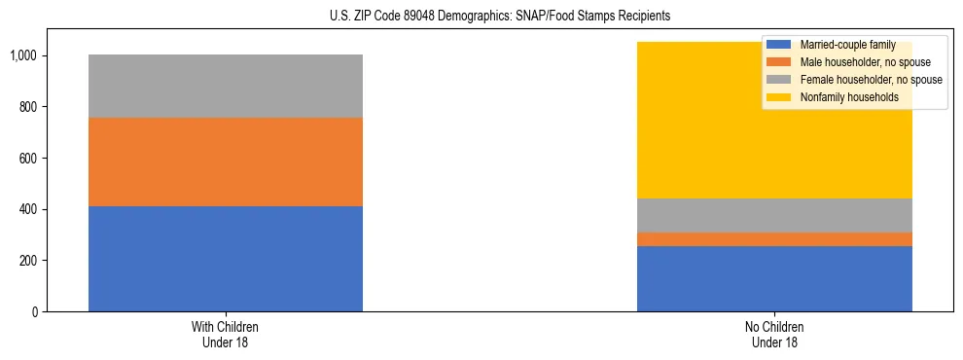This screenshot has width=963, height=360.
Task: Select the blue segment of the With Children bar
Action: [226, 259]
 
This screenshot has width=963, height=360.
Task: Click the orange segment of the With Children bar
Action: [226, 162]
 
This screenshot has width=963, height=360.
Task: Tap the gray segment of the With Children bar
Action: [226, 86]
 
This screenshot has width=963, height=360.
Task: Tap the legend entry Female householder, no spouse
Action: [869, 80]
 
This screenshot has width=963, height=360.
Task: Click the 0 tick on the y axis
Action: [34, 312]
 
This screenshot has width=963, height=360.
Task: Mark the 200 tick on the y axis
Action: [28, 261]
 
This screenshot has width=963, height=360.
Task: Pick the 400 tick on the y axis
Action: [28, 209]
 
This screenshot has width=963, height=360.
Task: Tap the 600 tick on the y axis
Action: [28, 158]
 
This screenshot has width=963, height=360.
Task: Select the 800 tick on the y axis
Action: [28, 106]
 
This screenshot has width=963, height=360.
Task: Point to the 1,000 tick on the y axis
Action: [24, 55]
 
